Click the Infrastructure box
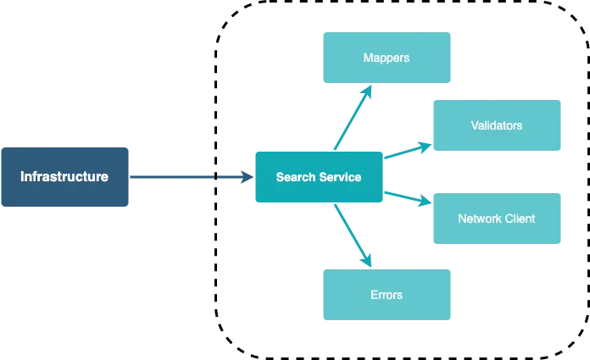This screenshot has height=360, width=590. point(64,177)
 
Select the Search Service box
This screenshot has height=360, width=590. point(319,177)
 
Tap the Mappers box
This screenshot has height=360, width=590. point(387,58)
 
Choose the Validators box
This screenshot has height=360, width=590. point(497,125)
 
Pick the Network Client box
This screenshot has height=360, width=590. point(497,219)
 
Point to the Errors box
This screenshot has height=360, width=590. point(387,295)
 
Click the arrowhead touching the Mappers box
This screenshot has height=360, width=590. point(367,91)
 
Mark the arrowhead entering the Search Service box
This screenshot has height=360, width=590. point(245,177)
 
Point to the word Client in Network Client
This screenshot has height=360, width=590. point(520,219)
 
